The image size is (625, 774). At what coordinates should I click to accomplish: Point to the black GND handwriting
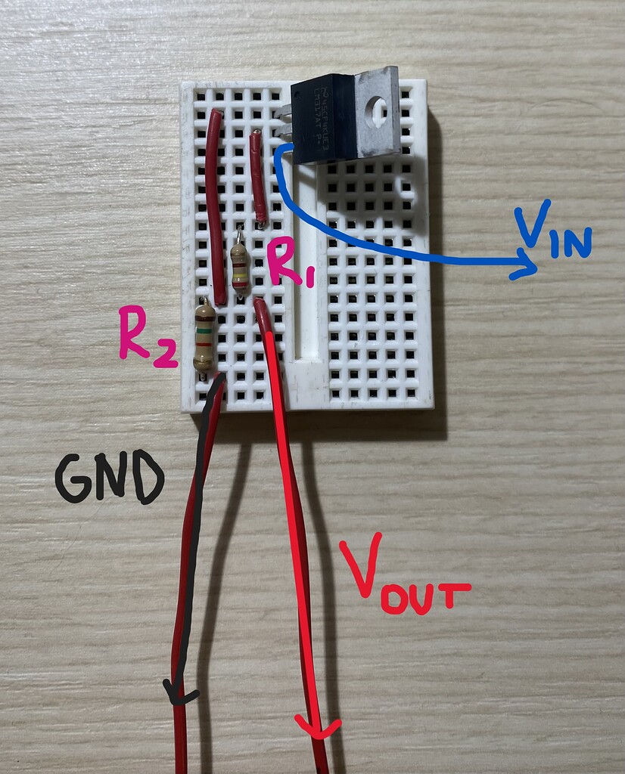(109, 478)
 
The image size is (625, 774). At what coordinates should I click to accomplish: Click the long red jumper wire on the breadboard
(217, 204)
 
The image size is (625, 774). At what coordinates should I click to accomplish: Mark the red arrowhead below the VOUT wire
(318, 729)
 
